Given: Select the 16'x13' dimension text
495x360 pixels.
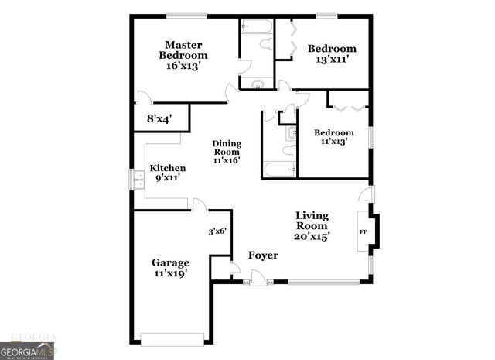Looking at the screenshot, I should point(183,66).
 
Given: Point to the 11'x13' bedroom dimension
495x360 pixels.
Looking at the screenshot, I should point(333,142).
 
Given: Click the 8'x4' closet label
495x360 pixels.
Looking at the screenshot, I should point(159,119).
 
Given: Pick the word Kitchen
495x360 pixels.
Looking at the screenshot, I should point(168,168).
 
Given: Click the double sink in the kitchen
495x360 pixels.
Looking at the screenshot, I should point(138,179).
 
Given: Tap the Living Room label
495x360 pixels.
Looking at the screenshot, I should point(312,221).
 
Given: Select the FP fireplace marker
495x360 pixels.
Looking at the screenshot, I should point(363,231).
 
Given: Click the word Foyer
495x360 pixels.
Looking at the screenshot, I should point(263,255).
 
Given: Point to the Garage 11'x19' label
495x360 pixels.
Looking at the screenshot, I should point(170,268).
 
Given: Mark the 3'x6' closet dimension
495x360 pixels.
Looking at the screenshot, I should point(217,231).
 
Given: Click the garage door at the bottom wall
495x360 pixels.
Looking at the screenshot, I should point(172,338).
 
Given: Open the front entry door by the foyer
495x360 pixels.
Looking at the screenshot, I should point(258,278).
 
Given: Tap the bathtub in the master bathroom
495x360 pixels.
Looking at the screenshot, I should point(256,27).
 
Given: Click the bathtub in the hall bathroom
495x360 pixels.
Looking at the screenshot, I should point(278,168).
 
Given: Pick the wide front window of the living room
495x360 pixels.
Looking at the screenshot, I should point(323,282).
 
